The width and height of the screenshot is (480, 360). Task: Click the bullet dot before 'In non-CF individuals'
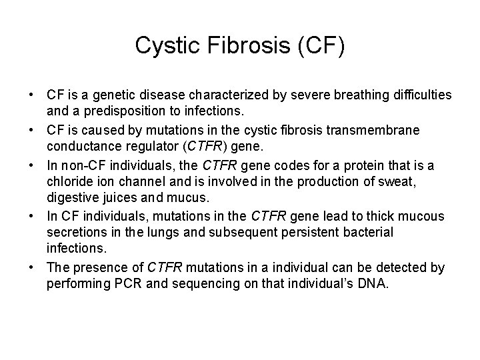point(31,164)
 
